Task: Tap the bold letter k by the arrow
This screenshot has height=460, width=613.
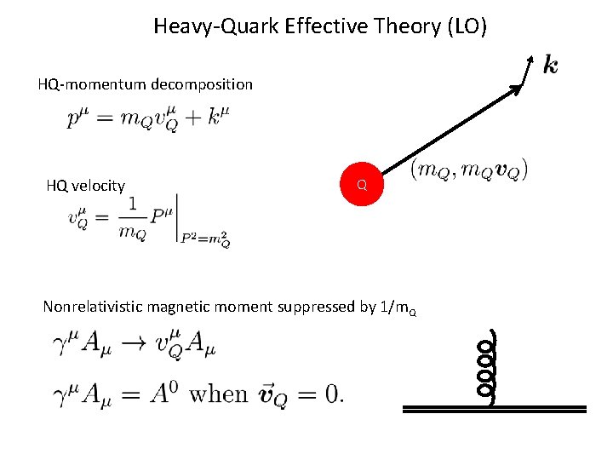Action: (x=551, y=65)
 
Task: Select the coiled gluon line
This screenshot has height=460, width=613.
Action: (x=486, y=368)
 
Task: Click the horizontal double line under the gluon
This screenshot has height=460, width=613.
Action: (x=494, y=410)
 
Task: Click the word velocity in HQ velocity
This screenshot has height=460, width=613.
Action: (x=101, y=186)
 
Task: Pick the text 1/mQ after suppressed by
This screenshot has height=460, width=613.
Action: (x=399, y=308)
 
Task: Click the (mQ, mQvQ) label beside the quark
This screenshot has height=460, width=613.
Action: (x=469, y=170)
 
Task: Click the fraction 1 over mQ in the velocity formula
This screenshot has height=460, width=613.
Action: (x=132, y=218)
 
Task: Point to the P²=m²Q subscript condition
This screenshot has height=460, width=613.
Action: (x=205, y=240)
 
